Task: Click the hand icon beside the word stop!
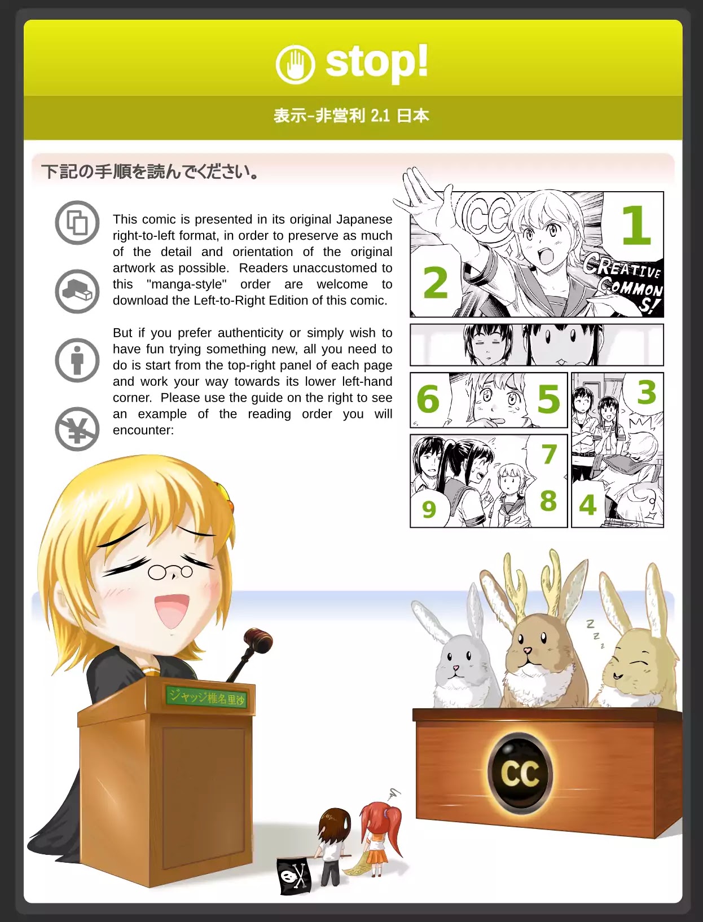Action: (x=295, y=65)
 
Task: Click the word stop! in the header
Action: (x=377, y=62)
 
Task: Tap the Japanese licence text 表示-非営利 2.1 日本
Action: (x=351, y=116)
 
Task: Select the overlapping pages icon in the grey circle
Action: (x=77, y=223)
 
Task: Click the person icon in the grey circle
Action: (x=77, y=360)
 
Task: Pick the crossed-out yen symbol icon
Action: (x=77, y=429)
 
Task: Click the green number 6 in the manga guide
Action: (x=428, y=399)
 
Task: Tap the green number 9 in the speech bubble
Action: (x=429, y=510)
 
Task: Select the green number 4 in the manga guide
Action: (x=587, y=505)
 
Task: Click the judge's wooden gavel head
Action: (x=258, y=639)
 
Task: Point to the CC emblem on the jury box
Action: (x=520, y=774)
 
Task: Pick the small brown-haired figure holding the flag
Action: (x=333, y=845)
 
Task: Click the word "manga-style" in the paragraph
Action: (x=187, y=284)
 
